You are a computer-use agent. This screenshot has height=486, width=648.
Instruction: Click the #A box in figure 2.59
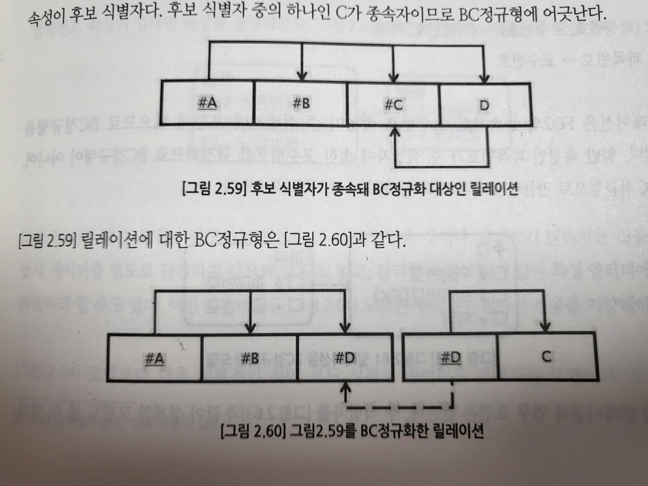coord(207,103)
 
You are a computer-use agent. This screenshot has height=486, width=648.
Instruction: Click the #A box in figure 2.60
coord(155,358)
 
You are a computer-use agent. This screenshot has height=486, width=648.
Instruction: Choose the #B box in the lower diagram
coord(250,358)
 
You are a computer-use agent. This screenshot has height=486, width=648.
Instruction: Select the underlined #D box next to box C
coord(450,357)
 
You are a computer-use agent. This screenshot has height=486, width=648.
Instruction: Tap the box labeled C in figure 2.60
coord(546,357)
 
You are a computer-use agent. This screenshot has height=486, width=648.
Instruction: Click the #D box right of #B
coord(344,358)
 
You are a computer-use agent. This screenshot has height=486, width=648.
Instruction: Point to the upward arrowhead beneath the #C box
coord(394,131)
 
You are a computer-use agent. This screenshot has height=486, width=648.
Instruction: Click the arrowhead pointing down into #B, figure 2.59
coord(302,75)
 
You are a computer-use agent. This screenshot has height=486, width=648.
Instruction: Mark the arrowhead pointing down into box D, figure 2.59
coord(484,77)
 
